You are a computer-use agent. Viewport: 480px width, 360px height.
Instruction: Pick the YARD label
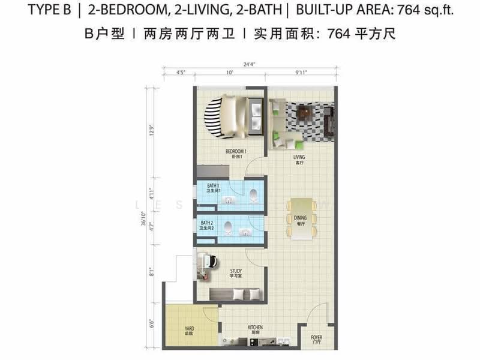click(189, 329)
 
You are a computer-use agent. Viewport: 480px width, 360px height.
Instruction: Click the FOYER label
click(316, 339)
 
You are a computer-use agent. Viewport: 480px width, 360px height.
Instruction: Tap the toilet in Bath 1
click(254, 193)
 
